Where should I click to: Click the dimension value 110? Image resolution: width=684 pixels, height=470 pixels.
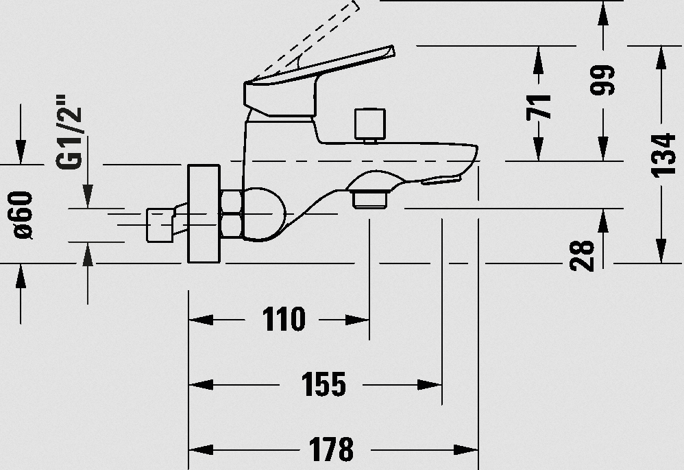click(x=284, y=319)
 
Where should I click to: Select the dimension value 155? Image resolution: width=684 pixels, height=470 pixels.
click(x=323, y=384)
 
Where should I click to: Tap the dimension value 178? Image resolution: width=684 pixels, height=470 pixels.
click(x=331, y=449)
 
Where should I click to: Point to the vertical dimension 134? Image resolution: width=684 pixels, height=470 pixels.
click(x=663, y=156)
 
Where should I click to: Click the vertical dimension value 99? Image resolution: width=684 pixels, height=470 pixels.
click(x=602, y=80)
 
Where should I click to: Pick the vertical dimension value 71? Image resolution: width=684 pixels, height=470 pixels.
click(x=538, y=107)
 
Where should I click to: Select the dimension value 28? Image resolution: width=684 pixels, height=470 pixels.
click(x=583, y=255)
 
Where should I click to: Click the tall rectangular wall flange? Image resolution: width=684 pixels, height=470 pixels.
click(x=204, y=214)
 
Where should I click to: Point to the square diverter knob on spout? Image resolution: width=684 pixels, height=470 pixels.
click(x=370, y=124)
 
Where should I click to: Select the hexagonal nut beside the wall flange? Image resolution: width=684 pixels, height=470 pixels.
click(x=231, y=213)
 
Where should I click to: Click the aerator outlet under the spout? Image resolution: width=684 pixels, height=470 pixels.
click(x=370, y=199)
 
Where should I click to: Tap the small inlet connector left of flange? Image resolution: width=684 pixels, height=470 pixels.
click(x=160, y=225)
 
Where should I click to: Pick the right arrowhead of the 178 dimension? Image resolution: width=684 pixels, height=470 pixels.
click(x=466, y=449)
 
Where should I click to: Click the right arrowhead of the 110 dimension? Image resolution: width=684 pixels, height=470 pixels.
click(x=357, y=320)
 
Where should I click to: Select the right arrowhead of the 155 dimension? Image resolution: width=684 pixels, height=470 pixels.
click(x=430, y=385)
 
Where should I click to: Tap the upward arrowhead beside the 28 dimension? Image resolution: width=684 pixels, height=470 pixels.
click(x=603, y=221)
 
